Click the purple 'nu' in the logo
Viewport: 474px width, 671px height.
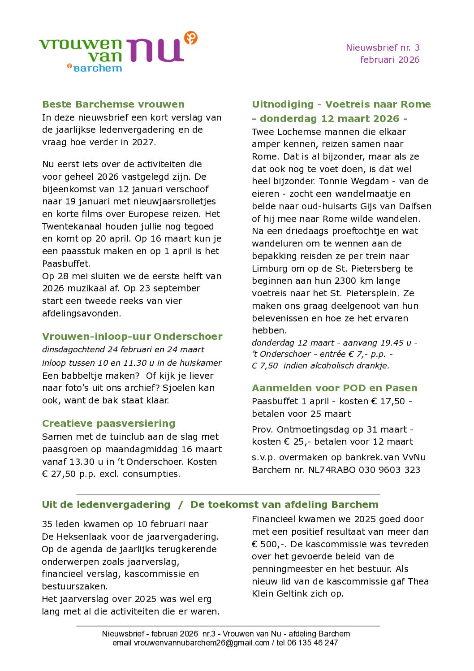coord(155,50)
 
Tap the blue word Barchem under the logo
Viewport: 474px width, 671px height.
coord(97,68)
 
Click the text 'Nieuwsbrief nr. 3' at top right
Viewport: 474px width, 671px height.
coord(383,48)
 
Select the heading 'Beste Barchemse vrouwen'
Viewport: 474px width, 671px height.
coord(113,104)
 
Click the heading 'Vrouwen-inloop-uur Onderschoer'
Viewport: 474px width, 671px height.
coord(132,337)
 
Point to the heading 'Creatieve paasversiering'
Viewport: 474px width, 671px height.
coord(108,424)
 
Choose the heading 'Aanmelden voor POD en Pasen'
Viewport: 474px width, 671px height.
coord(334,388)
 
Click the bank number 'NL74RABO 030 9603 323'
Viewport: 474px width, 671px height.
coord(364,470)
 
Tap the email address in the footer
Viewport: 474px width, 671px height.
coord(202,643)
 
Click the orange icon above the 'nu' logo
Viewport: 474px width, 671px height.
coord(191,38)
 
